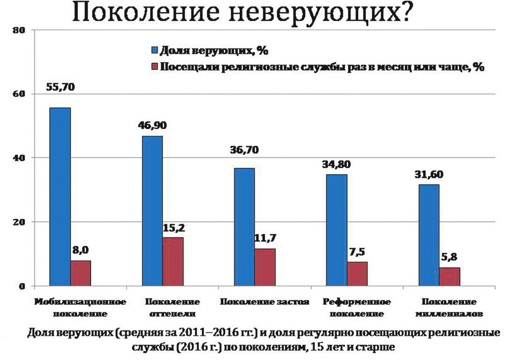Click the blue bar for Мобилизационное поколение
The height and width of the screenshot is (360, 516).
tap(60, 197)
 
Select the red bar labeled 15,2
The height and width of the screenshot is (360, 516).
tap(173, 261)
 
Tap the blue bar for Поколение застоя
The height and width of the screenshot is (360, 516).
tap(244, 227)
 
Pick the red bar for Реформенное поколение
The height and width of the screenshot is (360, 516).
tap(357, 274)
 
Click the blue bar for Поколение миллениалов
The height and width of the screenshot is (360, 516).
tap(428, 235)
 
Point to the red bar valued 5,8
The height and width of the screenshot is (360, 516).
tap(449, 276)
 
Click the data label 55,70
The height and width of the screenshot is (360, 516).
tap(60, 87)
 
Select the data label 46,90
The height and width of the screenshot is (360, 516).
tap(153, 126)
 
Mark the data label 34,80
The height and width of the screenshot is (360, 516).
tap(336, 164)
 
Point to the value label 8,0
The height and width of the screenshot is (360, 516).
tap(81, 250)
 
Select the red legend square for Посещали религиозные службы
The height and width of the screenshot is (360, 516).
tap(154, 67)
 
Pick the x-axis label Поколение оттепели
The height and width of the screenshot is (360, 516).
tap(173, 307)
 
